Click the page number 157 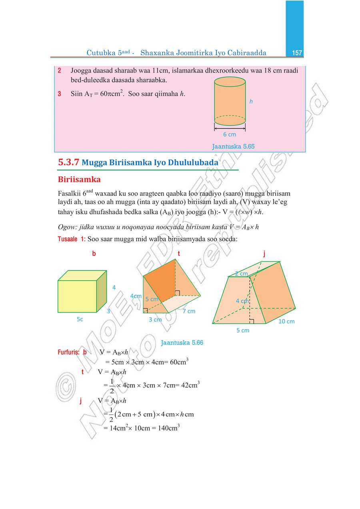tap(297, 53)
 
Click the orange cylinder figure tap(230, 102)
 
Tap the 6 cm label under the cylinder tap(230, 134)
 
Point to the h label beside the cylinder tap(251, 102)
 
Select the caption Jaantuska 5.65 tap(233, 146)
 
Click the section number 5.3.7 tap(68, 163)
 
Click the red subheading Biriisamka tap(79, 179)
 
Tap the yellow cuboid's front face tap(77, 296)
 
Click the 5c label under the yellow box tap(80, 319)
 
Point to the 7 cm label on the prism tap(189, 311)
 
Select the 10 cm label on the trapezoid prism tap(286, 321)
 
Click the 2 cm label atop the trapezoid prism tap(241, 274)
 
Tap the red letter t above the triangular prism tap(179, 254)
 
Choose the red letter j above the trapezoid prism tap(264, 254)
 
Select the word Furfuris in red tap(68, 353)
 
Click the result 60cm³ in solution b tap(178, 362)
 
